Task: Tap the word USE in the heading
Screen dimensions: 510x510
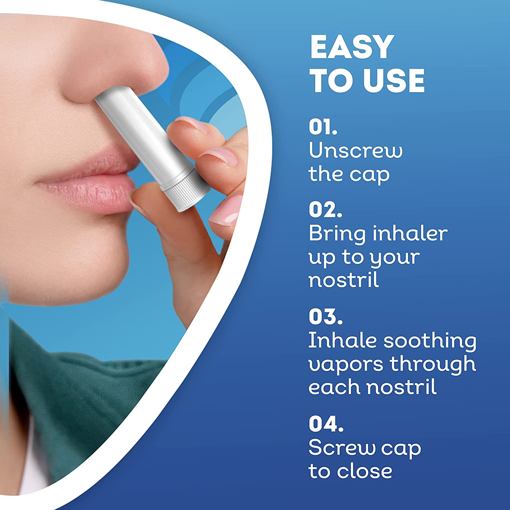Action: tap(394, 81)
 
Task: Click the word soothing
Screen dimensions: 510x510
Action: tap(430, 341)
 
